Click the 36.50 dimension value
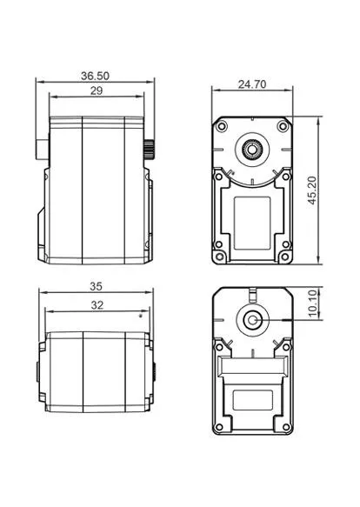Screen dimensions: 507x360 point(95,77)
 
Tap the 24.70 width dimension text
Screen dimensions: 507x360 point(251,84)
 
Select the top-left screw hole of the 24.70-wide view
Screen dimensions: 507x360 point(223,127)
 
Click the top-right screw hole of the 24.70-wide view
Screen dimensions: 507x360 point(280,127)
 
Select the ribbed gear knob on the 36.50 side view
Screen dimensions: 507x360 point(148,147)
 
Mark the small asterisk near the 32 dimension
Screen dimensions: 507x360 point(141,317)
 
